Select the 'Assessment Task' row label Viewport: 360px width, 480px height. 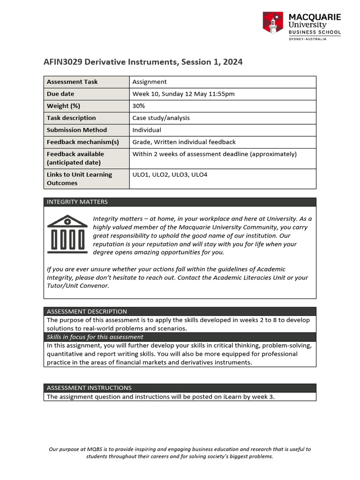[x=72, y=82]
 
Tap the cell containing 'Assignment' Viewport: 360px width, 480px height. [x=150, y=82]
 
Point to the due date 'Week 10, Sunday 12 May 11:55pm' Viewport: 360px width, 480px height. [x=183, y=94]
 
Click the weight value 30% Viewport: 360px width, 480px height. [x=139, y=106]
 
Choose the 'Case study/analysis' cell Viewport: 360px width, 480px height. [x=161, y=118]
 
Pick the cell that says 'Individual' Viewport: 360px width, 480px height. [x=147, y=130]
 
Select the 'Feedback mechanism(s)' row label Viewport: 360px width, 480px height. [x=83, y=142]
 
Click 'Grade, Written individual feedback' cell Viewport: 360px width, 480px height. [x=184, y=142]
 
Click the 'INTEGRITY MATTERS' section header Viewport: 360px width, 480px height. [x=77, y=202]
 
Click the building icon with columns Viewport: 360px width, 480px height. [x=68, y=233]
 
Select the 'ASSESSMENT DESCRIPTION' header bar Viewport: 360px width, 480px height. [x=87, y=311]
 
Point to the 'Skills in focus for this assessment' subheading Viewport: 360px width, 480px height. [x=95, y=337]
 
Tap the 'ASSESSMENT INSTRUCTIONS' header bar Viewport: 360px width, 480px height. [x=89, y=388]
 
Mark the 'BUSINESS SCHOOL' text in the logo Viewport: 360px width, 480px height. [x=314, y=32]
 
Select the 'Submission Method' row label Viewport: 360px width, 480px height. [x=77, y=130]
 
